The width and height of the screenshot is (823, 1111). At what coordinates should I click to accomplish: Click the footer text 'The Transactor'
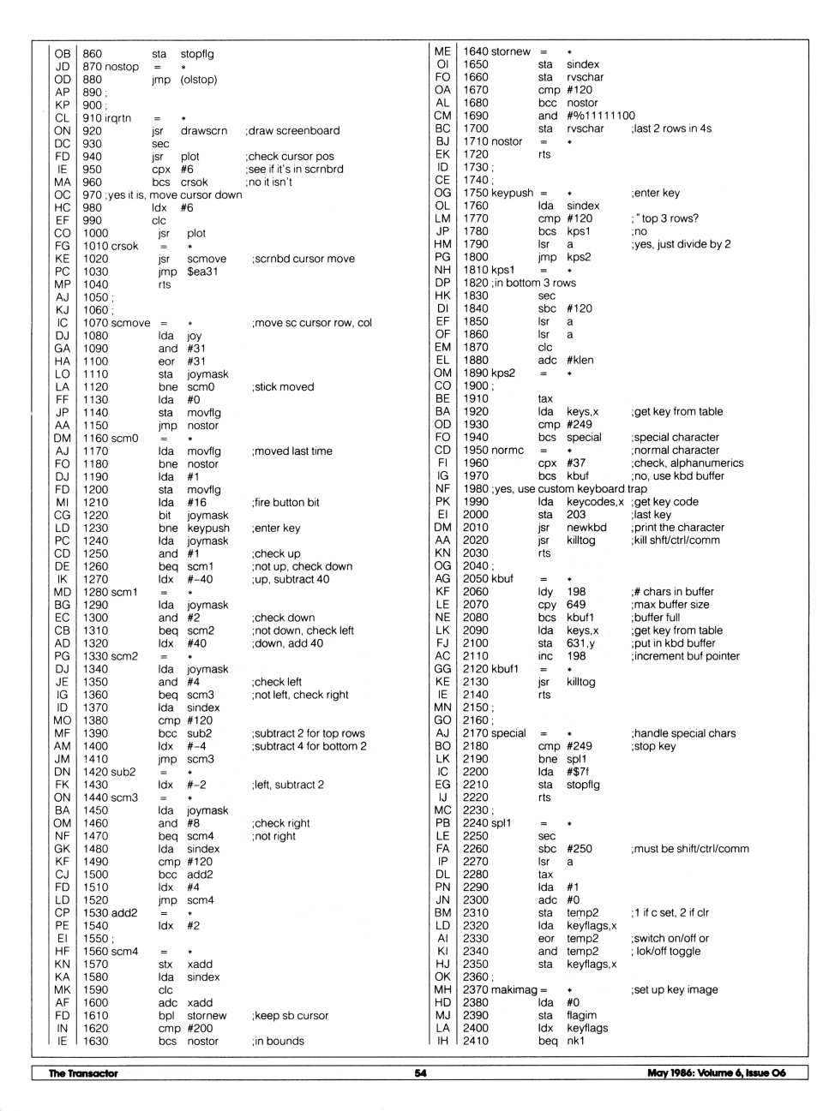83,1072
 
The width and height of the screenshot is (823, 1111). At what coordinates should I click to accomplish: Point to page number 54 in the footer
420,1072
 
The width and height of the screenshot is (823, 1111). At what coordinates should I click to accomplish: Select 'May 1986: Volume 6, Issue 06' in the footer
716,1072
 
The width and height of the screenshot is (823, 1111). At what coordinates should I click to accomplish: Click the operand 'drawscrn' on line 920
204,131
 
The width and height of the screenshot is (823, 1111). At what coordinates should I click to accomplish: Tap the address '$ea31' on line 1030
202,272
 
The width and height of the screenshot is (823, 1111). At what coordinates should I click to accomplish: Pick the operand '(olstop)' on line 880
199,80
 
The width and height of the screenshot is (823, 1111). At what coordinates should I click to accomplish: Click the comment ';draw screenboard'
292,131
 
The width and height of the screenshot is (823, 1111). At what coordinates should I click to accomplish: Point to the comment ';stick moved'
283,387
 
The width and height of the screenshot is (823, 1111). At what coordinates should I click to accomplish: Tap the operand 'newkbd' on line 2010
586,528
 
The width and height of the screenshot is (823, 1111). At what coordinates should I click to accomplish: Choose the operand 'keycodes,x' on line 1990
595,502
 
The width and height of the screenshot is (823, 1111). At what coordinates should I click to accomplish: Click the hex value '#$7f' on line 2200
578,772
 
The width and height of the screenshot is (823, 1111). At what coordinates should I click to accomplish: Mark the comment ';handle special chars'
683,733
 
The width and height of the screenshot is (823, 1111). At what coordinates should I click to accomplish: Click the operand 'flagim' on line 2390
581,1015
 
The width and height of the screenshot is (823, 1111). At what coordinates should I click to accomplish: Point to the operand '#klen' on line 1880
580,361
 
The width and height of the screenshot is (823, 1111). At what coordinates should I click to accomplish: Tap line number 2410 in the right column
476,1041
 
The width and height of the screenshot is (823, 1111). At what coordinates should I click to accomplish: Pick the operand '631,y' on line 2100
580,643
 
